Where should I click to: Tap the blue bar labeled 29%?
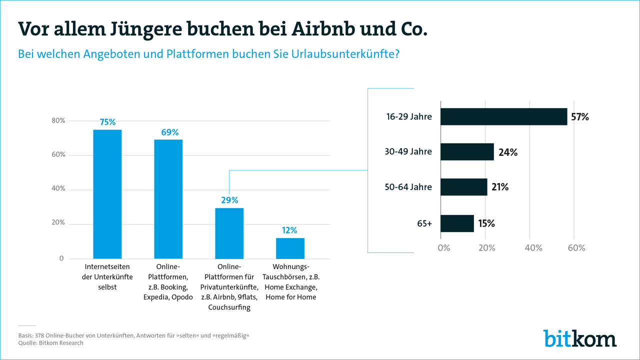229,233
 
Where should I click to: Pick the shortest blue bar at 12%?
290,248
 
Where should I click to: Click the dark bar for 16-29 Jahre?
503,116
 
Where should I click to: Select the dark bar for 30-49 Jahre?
467,152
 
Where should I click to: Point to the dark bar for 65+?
457,223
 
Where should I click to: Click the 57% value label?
580,117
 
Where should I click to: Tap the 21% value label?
499,187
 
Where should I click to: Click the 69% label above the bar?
169,132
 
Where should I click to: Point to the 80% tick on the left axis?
58,120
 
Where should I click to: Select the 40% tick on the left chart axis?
58,189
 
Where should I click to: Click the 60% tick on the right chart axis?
575,248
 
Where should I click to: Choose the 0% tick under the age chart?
443,248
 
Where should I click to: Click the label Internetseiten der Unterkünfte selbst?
107,276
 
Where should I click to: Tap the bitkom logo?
580,338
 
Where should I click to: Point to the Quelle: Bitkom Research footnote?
50,343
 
